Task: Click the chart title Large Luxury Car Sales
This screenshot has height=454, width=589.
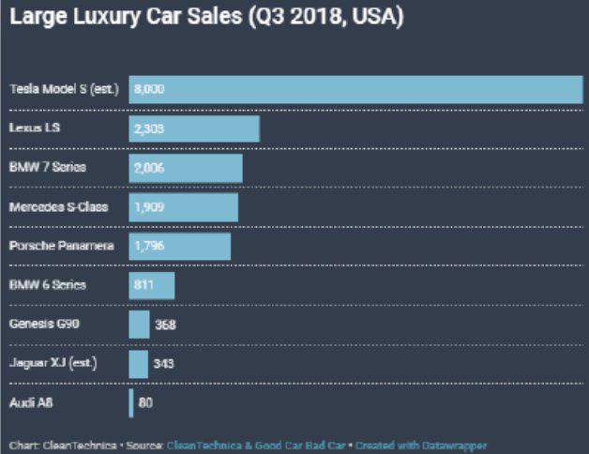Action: point(206,19)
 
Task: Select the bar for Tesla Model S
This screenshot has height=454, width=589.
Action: point(356,89)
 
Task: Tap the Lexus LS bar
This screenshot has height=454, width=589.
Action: point(194,129)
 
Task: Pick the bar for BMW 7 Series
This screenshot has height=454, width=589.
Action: point(186,168)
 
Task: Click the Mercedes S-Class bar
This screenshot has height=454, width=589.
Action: point(184,207)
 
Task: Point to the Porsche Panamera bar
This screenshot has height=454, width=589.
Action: point(180,246)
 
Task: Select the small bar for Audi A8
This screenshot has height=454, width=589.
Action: point(131,403)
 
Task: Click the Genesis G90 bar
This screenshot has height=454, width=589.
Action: point(139,325)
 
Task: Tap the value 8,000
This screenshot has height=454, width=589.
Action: point(150,89)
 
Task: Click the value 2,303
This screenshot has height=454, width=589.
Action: point(150,129)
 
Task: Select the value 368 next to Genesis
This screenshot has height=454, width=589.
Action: point(165,325)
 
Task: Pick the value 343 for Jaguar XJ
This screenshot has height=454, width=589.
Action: point(163,364)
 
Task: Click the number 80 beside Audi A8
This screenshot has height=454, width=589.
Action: point(145,403)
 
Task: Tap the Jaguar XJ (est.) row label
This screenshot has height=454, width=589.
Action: point(53,363)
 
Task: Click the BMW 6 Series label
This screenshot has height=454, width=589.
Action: point(47,284)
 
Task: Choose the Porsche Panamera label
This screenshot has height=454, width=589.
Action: point(61,246)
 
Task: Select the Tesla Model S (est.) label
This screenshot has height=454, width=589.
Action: point(64,89)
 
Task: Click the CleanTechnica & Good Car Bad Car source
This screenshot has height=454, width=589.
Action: point(257,446)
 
